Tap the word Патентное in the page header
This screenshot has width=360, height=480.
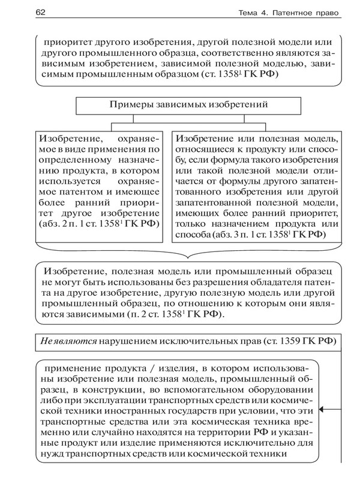click(x=286, y=13)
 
